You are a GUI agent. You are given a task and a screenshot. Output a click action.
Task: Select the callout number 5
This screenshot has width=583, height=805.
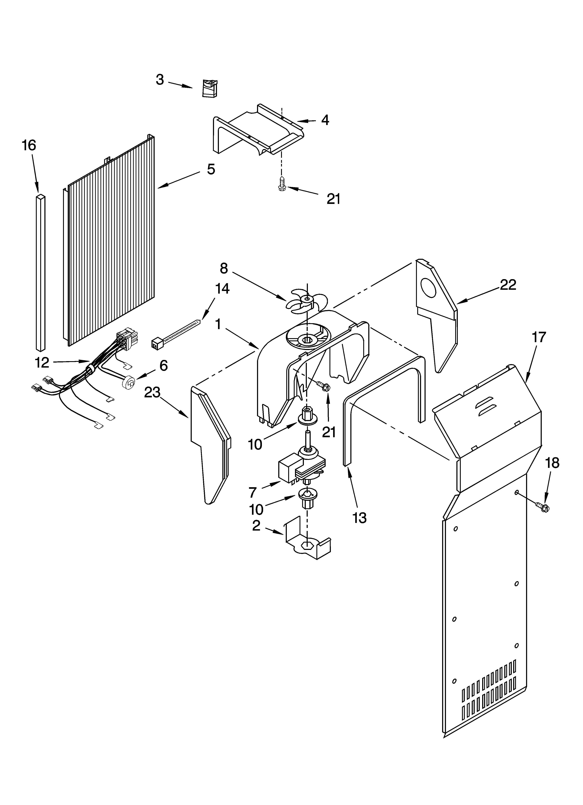[211, 169]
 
